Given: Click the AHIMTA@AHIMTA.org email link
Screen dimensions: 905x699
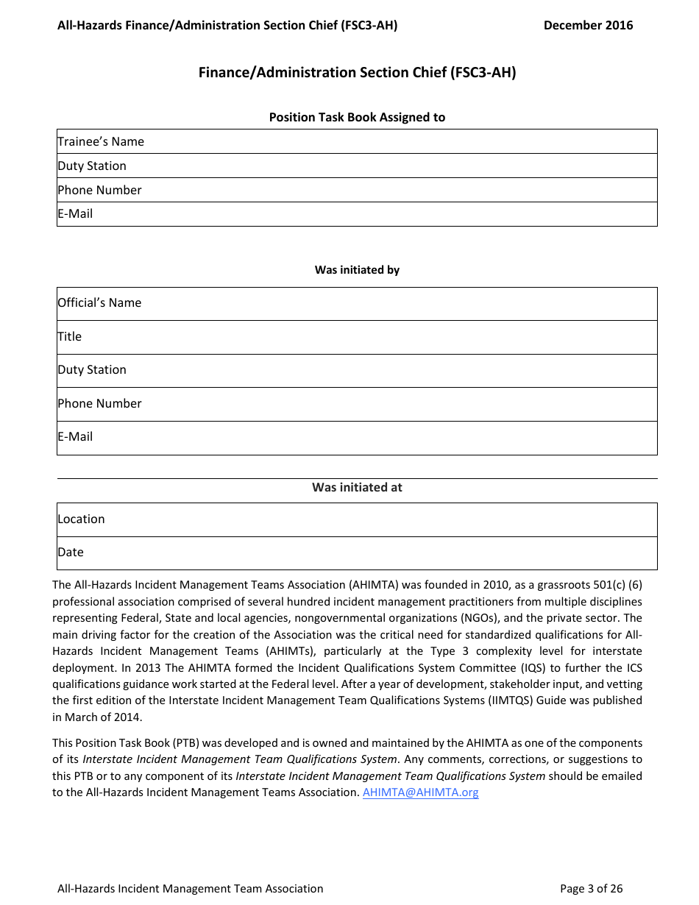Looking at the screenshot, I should pyautogui.click(x=420, y=792).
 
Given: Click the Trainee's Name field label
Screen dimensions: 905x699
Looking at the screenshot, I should pyautogui.click(x=101, y=141).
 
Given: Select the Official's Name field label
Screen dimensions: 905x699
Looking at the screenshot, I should pyautogui.click(x=99, y=302).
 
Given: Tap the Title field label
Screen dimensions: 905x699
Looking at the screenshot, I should pyautogui.click(x=70, y=336).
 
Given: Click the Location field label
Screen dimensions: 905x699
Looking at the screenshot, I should pyautogui.click(x=81, y=519).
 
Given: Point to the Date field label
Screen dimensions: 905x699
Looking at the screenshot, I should pyautogui.click(x=71, y=552).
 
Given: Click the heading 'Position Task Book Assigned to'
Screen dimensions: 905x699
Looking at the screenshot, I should pyautogui.click(x=357, y=117).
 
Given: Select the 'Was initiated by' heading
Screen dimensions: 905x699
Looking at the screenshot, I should pyautogui.click(x=357, y=270).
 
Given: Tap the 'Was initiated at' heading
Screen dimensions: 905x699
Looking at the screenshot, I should pyautogui.click(x=357, y=487).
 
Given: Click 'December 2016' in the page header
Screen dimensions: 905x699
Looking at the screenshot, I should pyautogui.click(x=588, y=25).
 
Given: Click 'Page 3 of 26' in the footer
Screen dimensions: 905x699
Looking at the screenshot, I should pyautogui.click(x=591, y=888).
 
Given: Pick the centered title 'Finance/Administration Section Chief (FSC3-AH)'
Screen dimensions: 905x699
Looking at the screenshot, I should pyautogui.click(x=357, y=72).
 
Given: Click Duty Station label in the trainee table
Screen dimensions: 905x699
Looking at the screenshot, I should pyautogui.click(x=92, y=166).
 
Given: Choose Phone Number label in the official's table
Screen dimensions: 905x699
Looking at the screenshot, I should pyautogui.click(x=99, y=403).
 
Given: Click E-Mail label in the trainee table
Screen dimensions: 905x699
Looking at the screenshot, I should pyautogui.click(x=75, y=213).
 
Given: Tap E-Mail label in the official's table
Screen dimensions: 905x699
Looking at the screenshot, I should pyautogui.click(x=75, y=436).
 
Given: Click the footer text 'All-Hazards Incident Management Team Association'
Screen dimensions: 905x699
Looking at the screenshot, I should pyautogui.click(x=190, y=888).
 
